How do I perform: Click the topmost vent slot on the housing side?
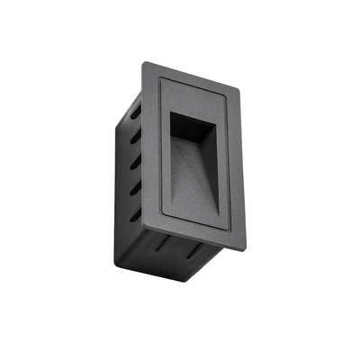pyautogui.click(x=135, y=115)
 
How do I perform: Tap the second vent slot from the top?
pyautogui.click(x=137, y=141)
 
